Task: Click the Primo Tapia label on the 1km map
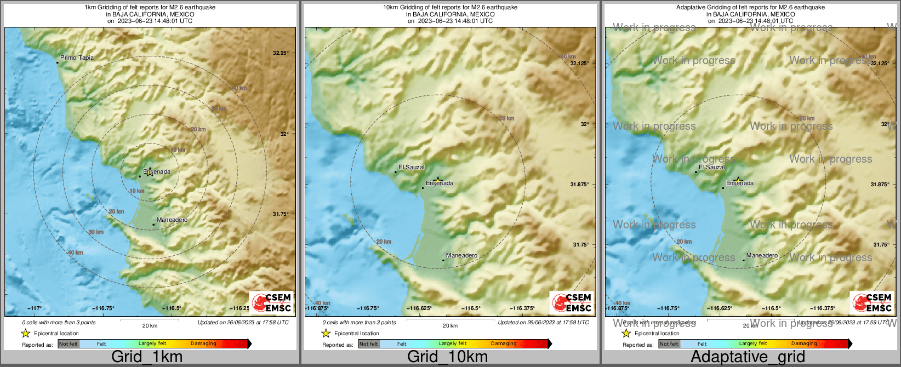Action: click(x=77, y=58)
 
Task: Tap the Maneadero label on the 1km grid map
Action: click(x=172, y=220)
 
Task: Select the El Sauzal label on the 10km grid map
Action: click(x=412, y=167)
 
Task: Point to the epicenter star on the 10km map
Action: click(x=438, y=180)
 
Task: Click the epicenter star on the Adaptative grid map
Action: click(x=738, y=180)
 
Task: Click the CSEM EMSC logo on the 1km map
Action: click(x=271, y=302)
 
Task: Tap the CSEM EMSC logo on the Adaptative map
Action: click(x=872, y=302)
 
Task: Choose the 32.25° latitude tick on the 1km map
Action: click(x=281, y=53)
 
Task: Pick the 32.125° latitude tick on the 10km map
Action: click(x=580, y=63)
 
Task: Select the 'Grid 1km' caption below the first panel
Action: click(x=147, y=357)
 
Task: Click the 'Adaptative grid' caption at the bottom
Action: click(x=748, y=357)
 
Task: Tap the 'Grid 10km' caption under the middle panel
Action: click(x=447, y=357)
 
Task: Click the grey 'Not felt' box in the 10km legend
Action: click(x=369, y=344)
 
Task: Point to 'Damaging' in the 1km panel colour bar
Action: click(x=203, y=344)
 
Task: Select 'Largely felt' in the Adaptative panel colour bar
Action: click(x=753, y=344)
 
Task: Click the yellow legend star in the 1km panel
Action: click(x=25, y=333)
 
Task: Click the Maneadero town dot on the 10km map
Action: click(x=443, y=260)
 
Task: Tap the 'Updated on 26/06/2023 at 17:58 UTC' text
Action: click(x=243, y=323)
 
